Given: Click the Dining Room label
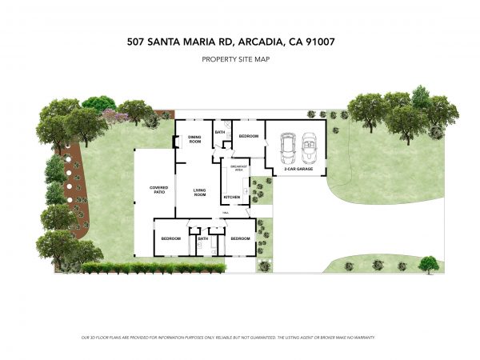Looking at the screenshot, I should [x=194, y=138].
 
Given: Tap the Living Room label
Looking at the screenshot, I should [x=200, y=192].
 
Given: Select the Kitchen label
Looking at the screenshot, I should [x=231, y=196].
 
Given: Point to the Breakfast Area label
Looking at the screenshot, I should [x=238, y=170].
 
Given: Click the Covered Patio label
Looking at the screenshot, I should [x=158, y=190].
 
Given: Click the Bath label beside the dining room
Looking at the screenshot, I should [x=219, y=131].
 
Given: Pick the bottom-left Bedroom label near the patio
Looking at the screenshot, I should [x=170, y=238].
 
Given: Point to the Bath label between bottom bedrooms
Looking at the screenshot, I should [x=202, y=238].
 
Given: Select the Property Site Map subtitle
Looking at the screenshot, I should [x=239, y=59].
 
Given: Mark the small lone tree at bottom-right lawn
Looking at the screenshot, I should [x=430, y=263].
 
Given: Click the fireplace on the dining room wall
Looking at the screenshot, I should [x=175, y=142].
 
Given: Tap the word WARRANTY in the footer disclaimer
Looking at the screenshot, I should [x=362, y=338].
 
